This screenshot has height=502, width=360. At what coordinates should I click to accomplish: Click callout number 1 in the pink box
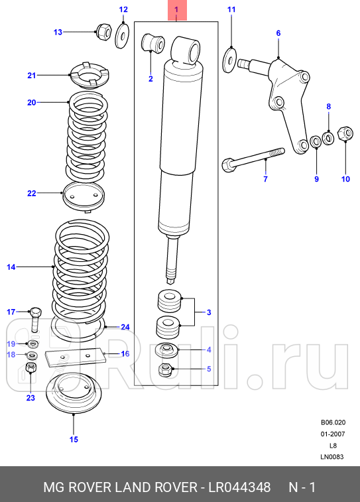(x=176, y=10)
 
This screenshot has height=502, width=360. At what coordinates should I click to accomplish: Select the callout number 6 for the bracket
(x=278, y=33)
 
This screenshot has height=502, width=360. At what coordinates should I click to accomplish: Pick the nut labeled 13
(x=103, y=31)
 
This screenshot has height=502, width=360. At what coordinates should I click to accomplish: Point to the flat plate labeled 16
(x=73, y=357)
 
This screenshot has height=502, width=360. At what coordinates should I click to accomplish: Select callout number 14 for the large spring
(x=11, y=267)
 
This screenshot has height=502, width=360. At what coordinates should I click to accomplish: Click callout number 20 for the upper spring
(x=30, y=102)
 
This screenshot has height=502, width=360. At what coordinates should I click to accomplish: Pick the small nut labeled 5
(x=166, y=370)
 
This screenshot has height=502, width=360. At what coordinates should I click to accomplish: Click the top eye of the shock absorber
(x=186, y=48)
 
